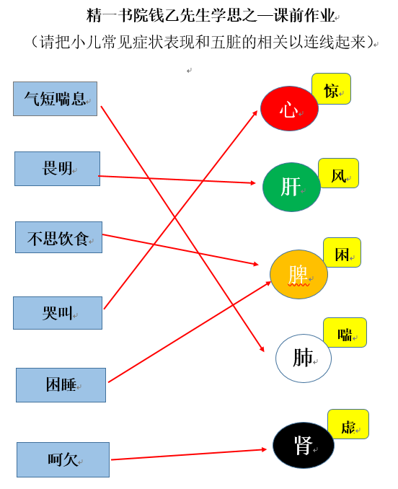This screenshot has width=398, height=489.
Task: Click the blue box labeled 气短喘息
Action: [x=56, y=99]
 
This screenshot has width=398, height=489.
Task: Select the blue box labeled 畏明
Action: [x=58, y=169]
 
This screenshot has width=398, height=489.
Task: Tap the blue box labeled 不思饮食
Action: [x=58, y=237]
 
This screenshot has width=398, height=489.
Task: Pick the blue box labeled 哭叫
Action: [x=58, y=313]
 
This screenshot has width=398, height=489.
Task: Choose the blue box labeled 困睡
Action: [x=61, y=385]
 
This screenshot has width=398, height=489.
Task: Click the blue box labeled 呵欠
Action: [x=63, y=459]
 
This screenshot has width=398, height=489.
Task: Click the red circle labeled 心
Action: [x=289, y=108]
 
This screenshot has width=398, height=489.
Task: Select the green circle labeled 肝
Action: [x=291, y=187]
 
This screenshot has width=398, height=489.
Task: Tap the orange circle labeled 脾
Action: [x=298, y=274]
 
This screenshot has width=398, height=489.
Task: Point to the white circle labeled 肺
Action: [x=304, y=358]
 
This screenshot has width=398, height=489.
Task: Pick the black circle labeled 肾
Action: [x=304, y=445]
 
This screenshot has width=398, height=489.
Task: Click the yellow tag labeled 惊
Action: [x=331, y=89]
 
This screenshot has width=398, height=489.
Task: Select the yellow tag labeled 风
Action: [x=338, y=173]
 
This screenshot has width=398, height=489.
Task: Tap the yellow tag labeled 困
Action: [x=342, y=252]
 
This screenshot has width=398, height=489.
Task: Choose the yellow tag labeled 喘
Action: [x=345, y=332]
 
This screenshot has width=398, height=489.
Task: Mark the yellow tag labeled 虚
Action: [x=348, y=424]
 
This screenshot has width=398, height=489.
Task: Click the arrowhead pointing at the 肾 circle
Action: [x=264, y=449]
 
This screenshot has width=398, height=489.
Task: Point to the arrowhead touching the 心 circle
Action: [x=255, y=114]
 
